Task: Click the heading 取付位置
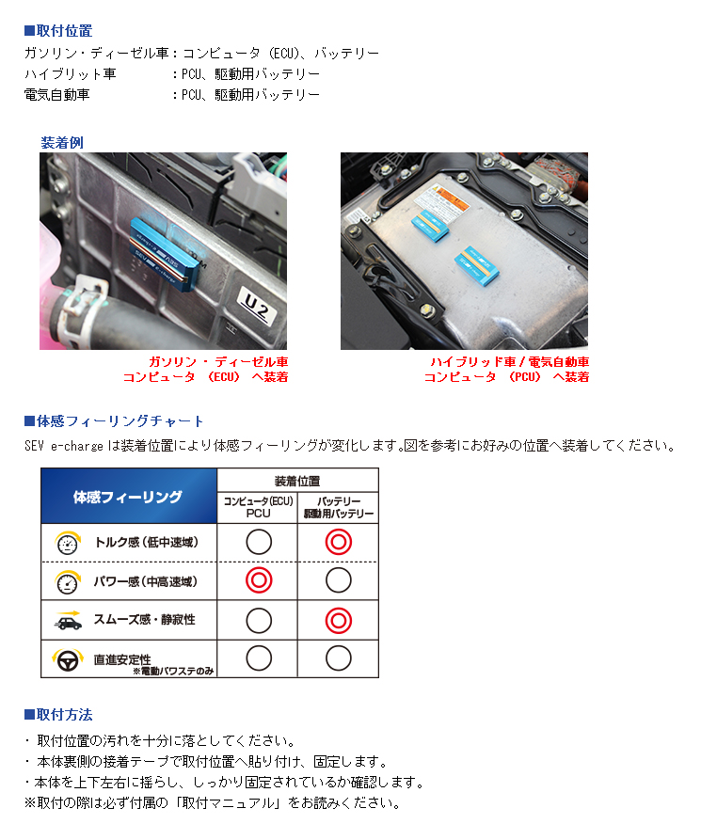(63, 31)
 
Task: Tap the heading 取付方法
(63, 715)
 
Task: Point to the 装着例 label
(62, 143)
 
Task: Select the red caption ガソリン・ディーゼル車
(218, 361)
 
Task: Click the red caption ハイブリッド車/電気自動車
(509, 361)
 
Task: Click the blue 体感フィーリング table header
(128, 497)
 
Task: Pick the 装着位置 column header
(297, 480)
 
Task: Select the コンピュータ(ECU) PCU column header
(258, 508)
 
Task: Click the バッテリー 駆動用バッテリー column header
(339, 508)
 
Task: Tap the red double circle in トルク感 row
(339, 542)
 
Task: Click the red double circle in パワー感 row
(258, 581)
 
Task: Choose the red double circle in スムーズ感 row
(339, 621)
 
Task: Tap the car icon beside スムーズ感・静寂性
(67, 620)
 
